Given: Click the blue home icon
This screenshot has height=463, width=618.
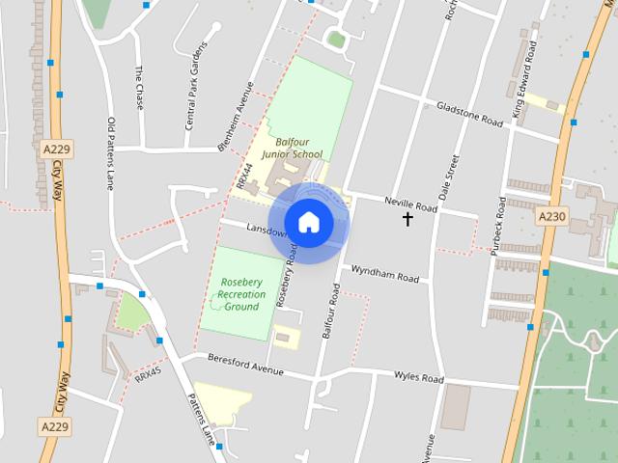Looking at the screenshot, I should pyautogui.click(x=308, y=222).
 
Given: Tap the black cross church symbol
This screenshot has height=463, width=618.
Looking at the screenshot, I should pyautogui.click(x=407, y=220).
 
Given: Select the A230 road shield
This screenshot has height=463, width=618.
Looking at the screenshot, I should pyautogui.click(x=552, y=217).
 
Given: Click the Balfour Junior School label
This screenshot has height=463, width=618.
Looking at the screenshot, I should pyautogui.click(x=293, y=148).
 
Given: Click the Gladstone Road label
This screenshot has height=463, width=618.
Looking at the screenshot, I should pyautogui.click(x=470, y=115).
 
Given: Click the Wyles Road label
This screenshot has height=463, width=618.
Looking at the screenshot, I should pyautogui.click(x=418, y=376).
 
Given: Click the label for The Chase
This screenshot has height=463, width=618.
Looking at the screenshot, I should pyautogui.click(x=139, y=87).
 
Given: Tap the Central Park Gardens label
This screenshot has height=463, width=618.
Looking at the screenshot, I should pyautogui.click(x=196, y=86).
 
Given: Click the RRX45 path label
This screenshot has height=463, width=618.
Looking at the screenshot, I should pyautogui.click(x=148, y=373).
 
